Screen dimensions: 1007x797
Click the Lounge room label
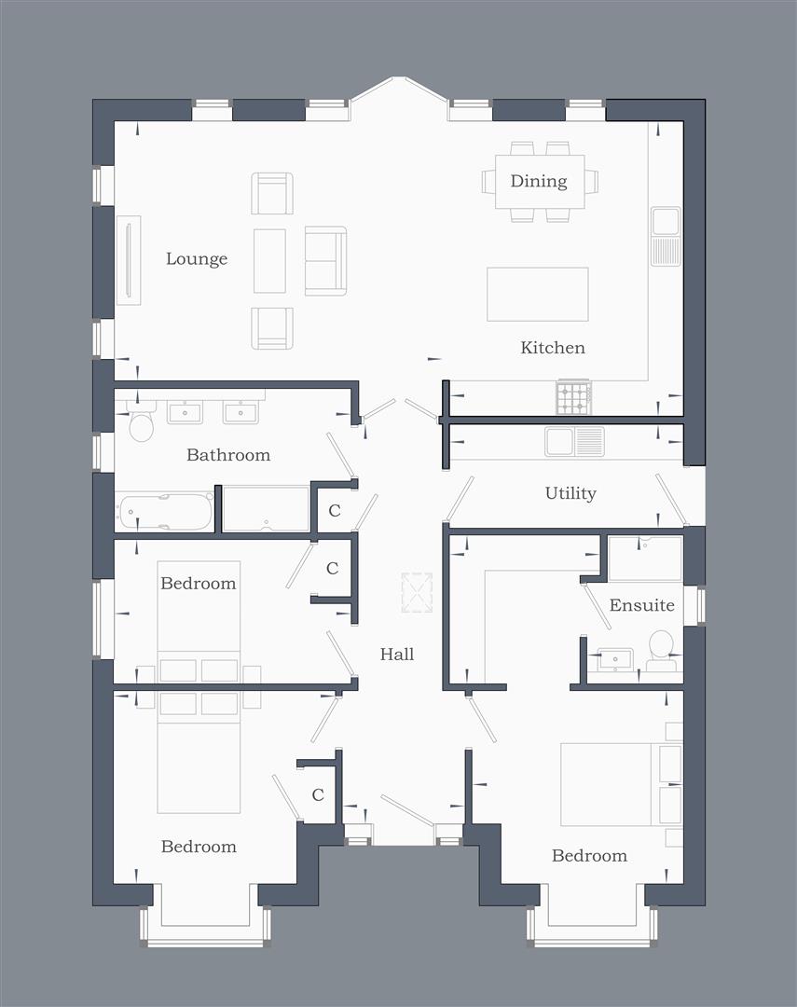pyautogui.click(x=197, y=259)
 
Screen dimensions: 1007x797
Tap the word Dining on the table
pyautogui.click(x=539, y=181)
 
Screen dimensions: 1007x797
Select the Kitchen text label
pyautogui.click(x=553, y=348)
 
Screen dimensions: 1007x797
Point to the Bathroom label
pyautogui.click(x=228, y=455)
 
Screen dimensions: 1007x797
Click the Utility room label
pyautogui.click(x=570, y=493)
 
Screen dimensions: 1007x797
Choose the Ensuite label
pyautogui.click(x=641, y=605)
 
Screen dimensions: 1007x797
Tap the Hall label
pyautogui.click(x=397, y=655)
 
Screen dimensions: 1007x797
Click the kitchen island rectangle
pyautogui.click(x=538, y=294)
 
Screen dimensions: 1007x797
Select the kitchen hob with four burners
pyautogui.click(x=573, y=398)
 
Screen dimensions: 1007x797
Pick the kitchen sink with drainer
pyautogui.click(x=666, y=236)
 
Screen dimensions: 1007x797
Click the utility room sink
pyautogui.click(x=574, y=441)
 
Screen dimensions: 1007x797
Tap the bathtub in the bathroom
pyautogui.click(x=165, y=512)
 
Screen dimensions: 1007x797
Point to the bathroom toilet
pyautogui.click(x=141, y=424)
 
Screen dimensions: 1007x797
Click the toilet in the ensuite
pyautogui.click(x=661, y=650)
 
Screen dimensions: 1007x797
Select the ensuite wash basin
pyautogui.click(x=614, y=660)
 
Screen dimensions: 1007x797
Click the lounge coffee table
pyautogui.click(x=269, y=261)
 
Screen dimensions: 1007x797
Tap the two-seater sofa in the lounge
pyautogui.click(x=325, y=261)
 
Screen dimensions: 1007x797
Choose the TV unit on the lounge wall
pyautogui.click(x=128, y=260)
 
